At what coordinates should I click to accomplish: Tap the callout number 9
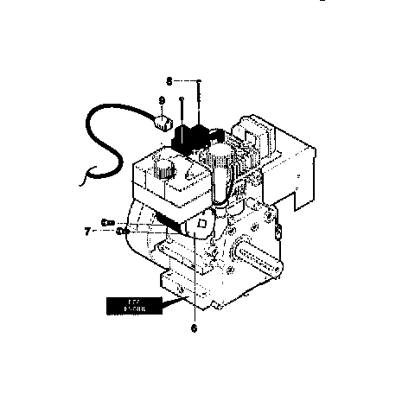(x=162, y=101)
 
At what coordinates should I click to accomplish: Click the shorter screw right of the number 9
(x=182, y=111)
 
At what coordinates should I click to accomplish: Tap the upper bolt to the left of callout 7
(x=108, y=223)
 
